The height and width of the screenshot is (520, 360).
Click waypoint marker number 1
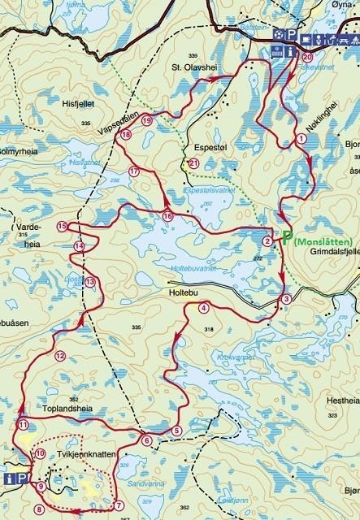[x=301, y=139]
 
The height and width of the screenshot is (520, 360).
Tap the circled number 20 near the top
[x=306, y=58]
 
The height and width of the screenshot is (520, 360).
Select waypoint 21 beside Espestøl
[x=193, y=163]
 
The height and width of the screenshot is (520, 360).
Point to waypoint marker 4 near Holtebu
[x=202, y=307]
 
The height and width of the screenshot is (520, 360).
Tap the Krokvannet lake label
[x=236, y=357]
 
